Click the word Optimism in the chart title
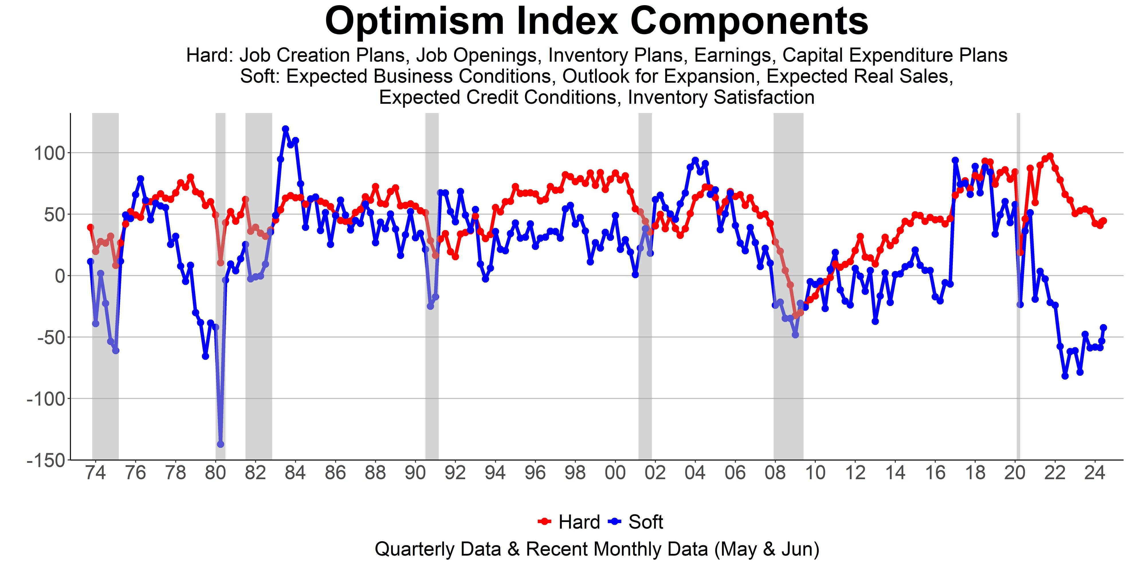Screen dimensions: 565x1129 pos(415,21)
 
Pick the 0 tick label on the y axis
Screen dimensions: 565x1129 pos(60,276)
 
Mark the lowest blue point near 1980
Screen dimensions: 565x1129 pos(221,444)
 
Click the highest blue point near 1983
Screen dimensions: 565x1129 pos(285,129)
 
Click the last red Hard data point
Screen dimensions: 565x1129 pos(1104,221)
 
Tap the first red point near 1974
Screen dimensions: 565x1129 pos(90,227)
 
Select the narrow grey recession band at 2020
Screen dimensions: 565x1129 pos(1018,285)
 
